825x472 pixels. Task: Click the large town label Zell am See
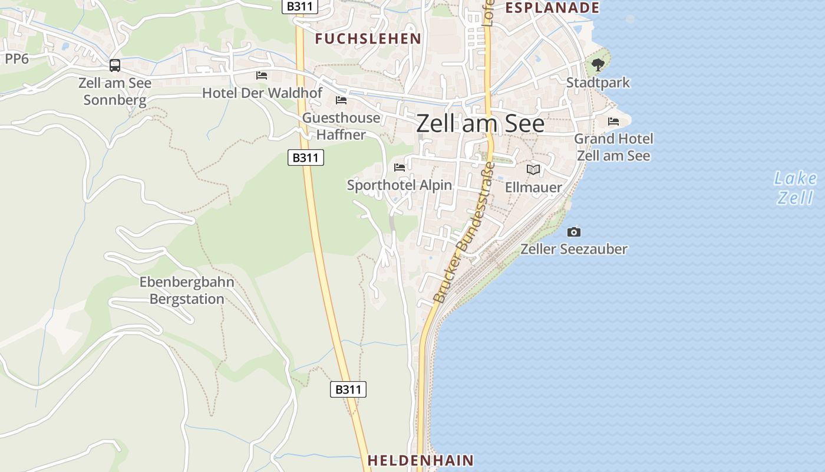(480, 124)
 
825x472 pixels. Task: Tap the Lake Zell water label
(796, 188)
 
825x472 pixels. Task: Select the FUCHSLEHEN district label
(368, 39)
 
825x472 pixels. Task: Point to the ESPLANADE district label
(552, 8)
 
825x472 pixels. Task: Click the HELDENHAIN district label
(421, 460)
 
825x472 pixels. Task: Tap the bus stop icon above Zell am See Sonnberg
(115, 65)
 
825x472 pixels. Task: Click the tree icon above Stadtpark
(598, 64)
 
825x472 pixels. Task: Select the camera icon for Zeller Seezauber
(573, 232)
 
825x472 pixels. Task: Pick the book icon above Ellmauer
(533, 170)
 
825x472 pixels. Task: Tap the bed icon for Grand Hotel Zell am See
(613, 122)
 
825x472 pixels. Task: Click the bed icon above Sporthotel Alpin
(400, 167)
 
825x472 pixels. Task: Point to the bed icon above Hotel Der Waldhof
(262, 76)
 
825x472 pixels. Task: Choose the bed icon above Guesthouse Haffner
(341, 100)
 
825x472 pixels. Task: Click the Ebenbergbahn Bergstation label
(187, 290)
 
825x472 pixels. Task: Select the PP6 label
(16, 58)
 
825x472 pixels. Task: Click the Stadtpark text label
(598, 83)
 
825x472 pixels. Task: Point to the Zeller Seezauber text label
(573, 249)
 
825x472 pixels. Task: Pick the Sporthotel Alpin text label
(400, 185)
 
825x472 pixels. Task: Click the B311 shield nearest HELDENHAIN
(348, 389)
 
